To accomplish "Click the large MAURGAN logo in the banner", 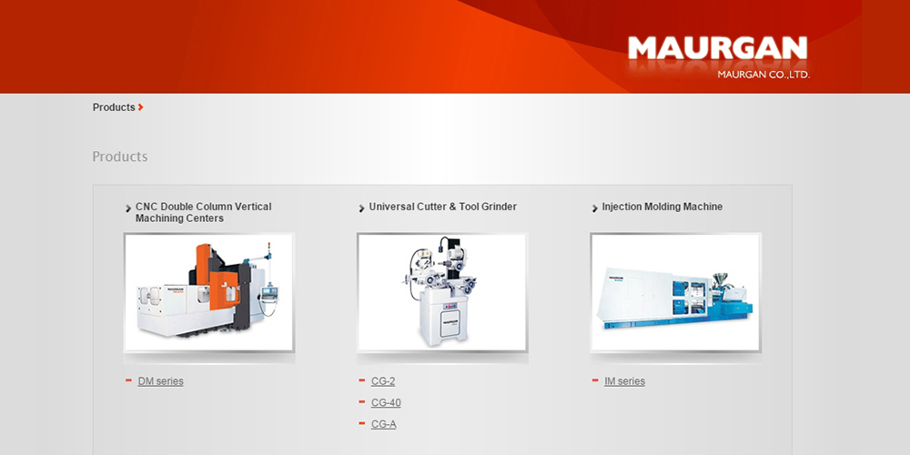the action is pos(717,48).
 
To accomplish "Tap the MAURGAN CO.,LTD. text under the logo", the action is pos(763,75).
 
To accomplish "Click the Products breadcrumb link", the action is pos(114,107).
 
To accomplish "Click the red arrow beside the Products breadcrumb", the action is pos(140,107).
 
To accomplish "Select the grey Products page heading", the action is pos(120,157).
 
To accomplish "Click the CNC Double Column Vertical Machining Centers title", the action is pos(203,212).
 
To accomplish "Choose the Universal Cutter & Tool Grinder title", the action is pos(443,207).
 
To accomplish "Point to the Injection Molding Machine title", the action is pos(662,207).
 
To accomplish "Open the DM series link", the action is pos(161,381).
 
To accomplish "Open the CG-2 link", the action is pos(383,381).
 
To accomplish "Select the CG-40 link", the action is pos(386,403).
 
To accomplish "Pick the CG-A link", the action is pos(384,424).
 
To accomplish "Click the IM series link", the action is pos(624,381).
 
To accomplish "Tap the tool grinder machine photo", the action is pos(442,292).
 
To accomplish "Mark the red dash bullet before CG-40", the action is pos(362,401).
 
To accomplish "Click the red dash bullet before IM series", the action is pos(595,380).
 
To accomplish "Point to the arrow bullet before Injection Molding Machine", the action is pos(595,208).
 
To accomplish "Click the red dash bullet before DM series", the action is pos(129,380).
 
